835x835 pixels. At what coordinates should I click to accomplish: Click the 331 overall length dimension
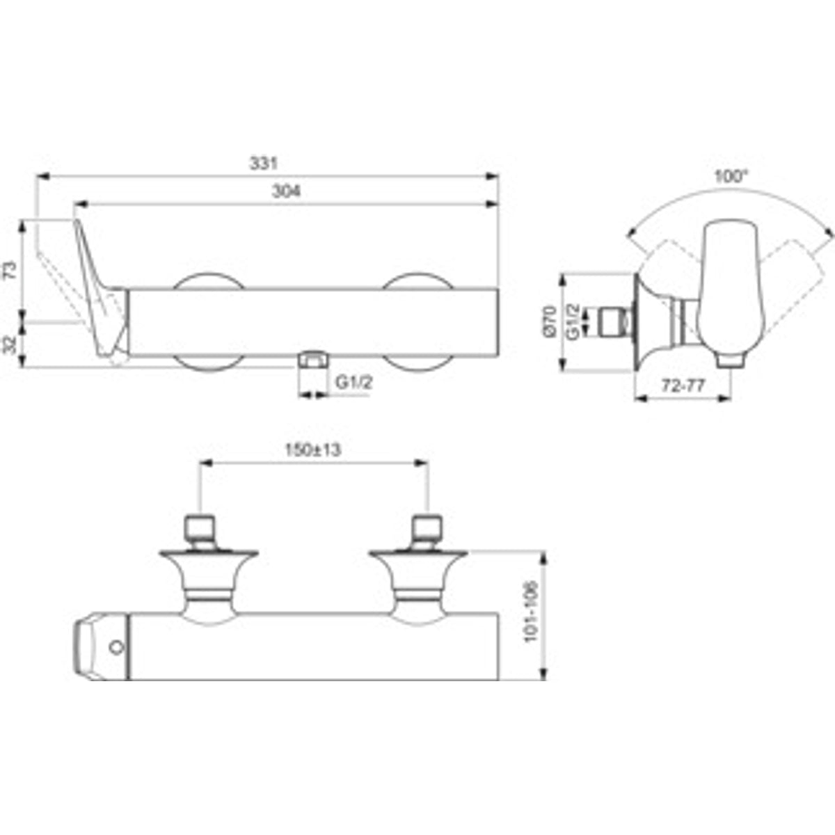(264, 164)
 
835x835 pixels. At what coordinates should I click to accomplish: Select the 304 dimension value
(286, 191)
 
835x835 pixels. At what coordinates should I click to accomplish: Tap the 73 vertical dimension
(10, 269)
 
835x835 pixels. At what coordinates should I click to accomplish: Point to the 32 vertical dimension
(10, 344)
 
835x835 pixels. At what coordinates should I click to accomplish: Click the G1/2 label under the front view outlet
(354, 382)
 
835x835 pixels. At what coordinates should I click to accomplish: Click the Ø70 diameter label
(550, 321)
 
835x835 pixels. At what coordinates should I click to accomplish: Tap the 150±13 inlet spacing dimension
(313, 450)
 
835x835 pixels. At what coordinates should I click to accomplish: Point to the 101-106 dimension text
(530, 612)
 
